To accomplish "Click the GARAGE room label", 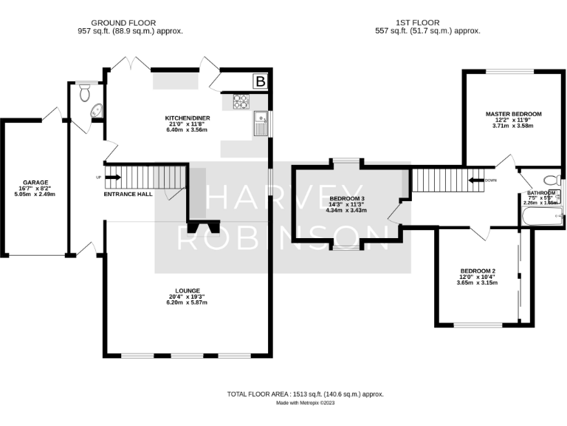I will point(35,182).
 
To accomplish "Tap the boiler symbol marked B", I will point(259,81).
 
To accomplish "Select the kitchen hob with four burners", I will point(241,101).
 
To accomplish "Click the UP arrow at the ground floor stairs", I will point(111,177).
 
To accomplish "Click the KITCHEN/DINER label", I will point(185,118).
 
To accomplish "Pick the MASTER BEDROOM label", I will point(513,114).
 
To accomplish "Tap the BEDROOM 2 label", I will point(477,271).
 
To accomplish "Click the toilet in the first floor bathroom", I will point(550,180).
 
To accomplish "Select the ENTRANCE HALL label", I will point(127,195).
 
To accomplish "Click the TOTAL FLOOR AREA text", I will point(305,394).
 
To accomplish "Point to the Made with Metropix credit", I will point(305,403).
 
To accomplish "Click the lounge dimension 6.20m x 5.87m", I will point(187,303).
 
